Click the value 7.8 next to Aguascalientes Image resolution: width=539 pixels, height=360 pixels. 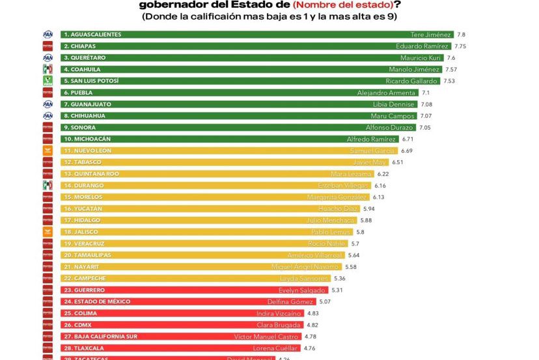click(x=462, y=35)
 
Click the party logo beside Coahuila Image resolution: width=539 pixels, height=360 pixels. click(x=48, y=69)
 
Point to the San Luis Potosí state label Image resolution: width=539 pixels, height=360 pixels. click(x=91, y=81)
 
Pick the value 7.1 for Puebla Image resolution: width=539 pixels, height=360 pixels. click(x=426, y=92)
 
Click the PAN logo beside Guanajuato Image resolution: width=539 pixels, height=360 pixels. click(x=48, y=104)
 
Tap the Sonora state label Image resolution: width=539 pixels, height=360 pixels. click(x=80, y=128)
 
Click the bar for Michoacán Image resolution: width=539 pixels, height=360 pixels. click(x=228, y=139)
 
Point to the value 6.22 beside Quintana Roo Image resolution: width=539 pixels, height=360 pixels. click(x=383, y=174)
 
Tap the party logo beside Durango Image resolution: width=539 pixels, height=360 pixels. click(x=48, y=186)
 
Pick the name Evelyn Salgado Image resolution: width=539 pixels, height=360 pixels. click(x=303, y=290)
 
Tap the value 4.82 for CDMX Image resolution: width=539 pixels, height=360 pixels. click(x=312, y=325)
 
